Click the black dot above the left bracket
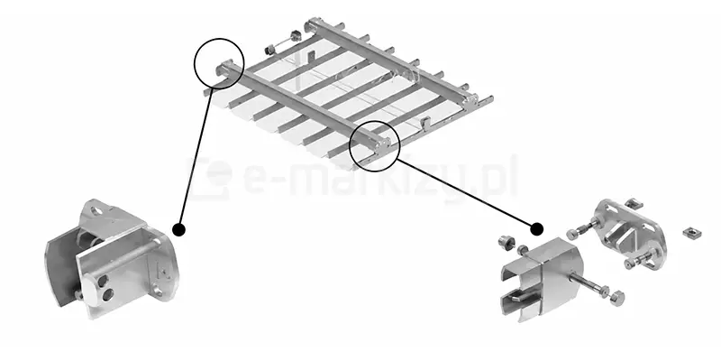[178, 229]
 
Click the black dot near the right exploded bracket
[536, 229]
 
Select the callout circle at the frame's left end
[219, 63]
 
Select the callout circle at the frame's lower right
[375, 146]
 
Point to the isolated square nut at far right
[691, 233]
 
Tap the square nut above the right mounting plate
[634, 203]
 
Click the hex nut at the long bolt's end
[617, 297]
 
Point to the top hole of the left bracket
[97, 211]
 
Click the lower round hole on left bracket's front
[109, 294]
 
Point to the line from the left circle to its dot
[196, 155]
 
